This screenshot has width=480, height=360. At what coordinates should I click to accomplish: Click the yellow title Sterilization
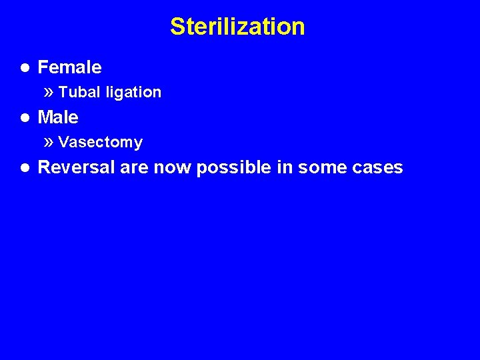coord(237,27)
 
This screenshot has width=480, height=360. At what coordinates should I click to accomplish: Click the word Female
coord(69,67)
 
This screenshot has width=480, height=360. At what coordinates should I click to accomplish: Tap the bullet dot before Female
coord(24,67)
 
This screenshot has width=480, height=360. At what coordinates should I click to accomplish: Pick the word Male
coord(58,118)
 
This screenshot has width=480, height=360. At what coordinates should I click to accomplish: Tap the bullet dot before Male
coord(24,118)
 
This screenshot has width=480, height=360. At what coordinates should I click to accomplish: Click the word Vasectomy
coord(100,142)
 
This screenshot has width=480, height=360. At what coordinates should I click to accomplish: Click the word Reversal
coord(77,167)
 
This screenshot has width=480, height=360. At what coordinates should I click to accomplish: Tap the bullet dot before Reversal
coord(24,167)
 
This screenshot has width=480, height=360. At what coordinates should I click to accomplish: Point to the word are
coord(135,168)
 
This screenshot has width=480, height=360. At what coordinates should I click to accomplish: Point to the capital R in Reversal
coord(45,167)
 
